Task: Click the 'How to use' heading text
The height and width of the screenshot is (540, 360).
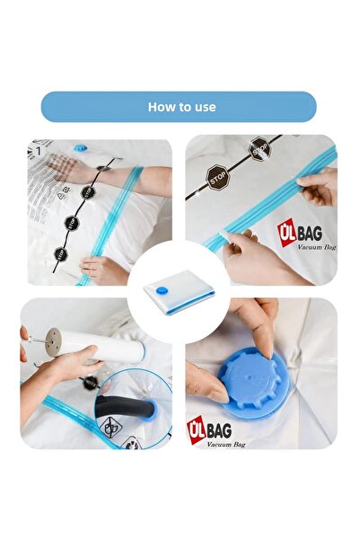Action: (x=180, y=107)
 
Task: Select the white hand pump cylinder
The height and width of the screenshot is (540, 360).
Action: (x=103, y=347)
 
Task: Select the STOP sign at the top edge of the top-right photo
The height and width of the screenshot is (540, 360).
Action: (x=259, y=148)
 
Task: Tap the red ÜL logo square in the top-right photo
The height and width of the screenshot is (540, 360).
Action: (x=286, y=233)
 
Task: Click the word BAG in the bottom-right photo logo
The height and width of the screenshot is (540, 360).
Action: (x=217, y=430)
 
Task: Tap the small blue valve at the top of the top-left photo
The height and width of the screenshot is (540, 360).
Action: (x=80, y=146)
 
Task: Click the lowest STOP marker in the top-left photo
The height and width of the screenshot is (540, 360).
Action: (x=61, y=254)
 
